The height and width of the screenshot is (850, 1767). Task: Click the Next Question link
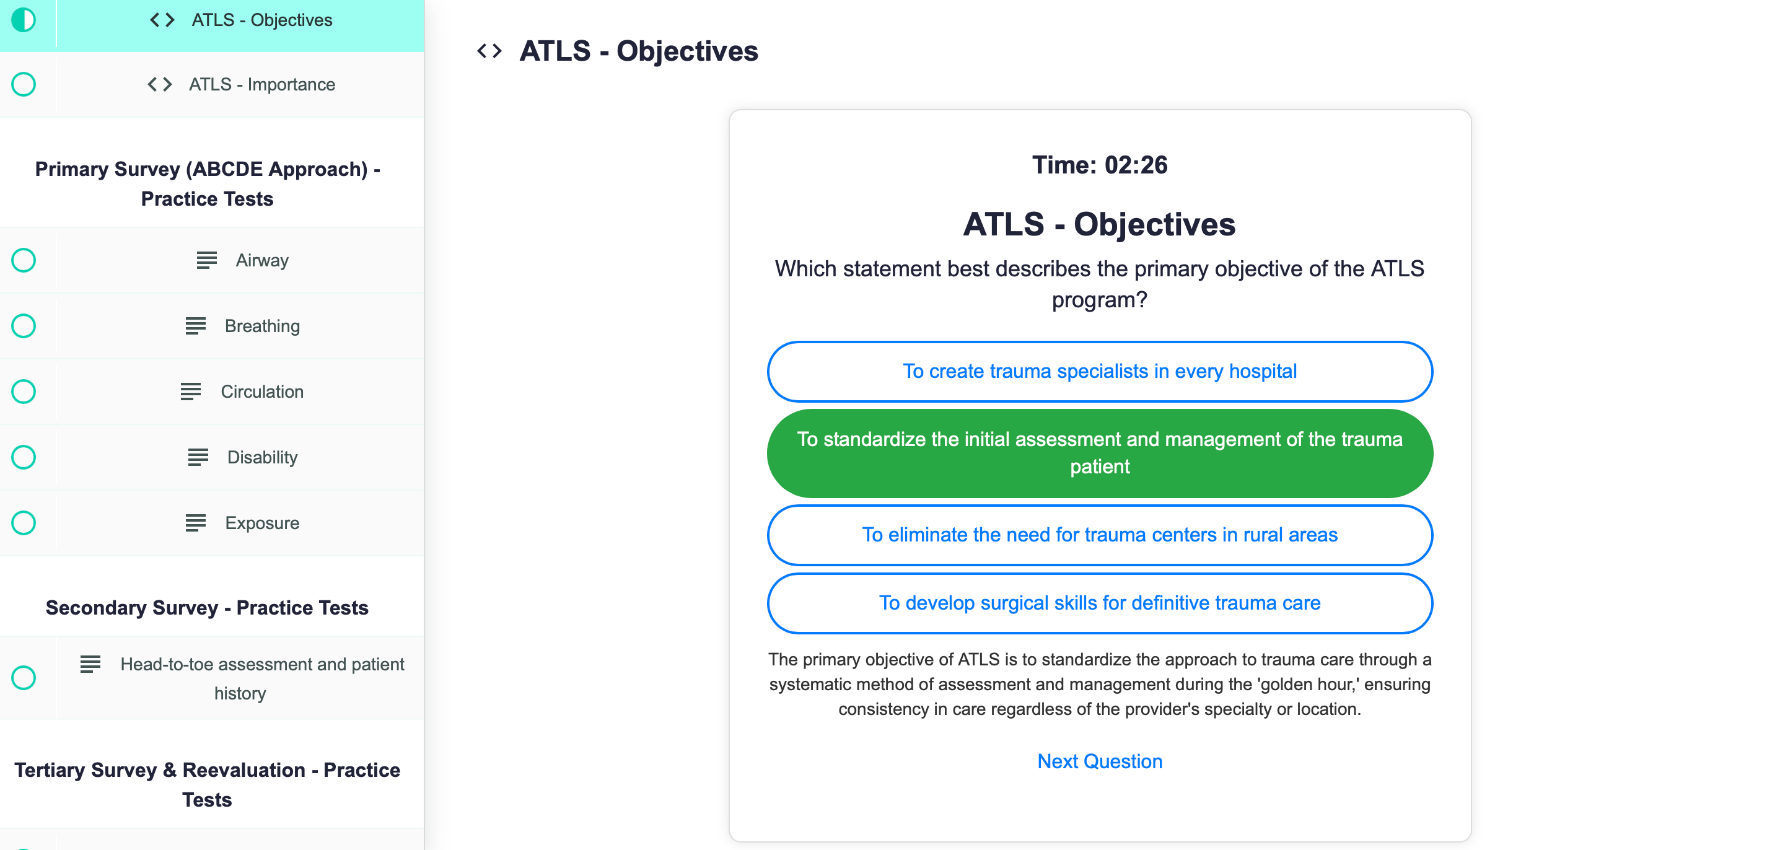tap(1100, 761)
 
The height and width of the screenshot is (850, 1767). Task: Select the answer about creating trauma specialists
tap(1100, 371)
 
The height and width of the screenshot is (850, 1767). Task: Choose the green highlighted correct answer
tap(1100, 453)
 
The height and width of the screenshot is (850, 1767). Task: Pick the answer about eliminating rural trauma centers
tap(1100, 535)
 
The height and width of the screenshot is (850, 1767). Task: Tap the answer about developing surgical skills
tap(1100, 603)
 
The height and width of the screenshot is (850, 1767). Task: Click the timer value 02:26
tap(1136, 165)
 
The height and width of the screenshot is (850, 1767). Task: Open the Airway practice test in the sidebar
tap(262, 261)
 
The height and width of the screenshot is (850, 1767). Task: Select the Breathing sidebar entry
tap(262, 326)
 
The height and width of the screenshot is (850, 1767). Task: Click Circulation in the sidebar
tap(262, 392)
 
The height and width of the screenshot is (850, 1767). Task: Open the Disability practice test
tap(262, 458)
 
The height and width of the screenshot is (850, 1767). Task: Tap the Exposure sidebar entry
tap(262, 523)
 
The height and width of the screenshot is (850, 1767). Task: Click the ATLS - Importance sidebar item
tap(262, 84)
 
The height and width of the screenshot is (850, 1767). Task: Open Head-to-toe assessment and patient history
tap(262, 678)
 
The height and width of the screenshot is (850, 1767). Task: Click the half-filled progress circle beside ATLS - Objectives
tap(24, 20)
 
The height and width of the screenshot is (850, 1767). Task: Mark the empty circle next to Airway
tap(24, 261)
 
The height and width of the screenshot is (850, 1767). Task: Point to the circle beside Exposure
tap(24, 523)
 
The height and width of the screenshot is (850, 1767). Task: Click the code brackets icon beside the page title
tap(489, 51)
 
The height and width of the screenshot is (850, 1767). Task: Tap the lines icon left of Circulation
tap(191, 392)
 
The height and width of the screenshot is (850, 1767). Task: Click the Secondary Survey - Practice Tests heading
tap(207, 608)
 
